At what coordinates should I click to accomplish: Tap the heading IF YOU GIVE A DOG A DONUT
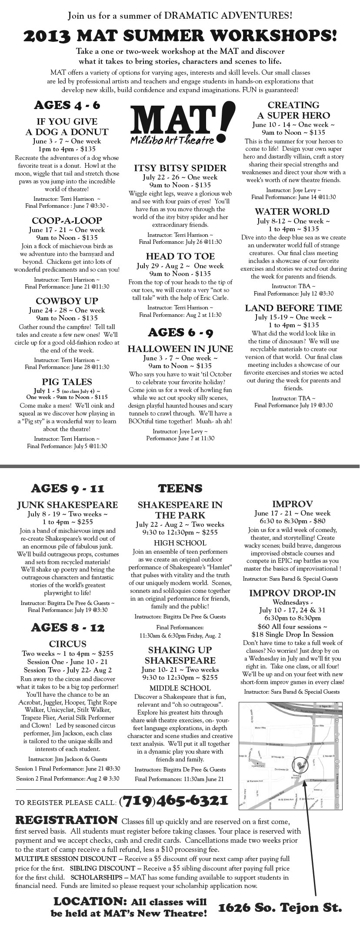67,126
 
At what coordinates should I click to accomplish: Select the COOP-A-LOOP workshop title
67,220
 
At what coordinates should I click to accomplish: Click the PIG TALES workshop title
67,382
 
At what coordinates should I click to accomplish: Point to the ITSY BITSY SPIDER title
180,168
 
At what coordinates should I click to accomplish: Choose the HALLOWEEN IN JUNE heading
180,349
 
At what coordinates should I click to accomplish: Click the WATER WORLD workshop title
292,211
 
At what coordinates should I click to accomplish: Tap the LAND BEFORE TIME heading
293,308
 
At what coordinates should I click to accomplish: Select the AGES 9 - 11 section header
67,489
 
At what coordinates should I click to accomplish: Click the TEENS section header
180,489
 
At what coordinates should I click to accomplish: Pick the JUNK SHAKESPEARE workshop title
67,505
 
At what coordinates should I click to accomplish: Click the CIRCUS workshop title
67,644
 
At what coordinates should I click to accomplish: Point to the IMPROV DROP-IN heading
292,593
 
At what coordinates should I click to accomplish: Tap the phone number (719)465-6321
173,800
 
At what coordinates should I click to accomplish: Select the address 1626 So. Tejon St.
280,908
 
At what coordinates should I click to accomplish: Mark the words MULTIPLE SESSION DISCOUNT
66,859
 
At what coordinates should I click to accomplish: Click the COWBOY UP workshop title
67,301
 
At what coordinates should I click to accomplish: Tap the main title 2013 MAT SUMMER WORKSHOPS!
180,35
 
